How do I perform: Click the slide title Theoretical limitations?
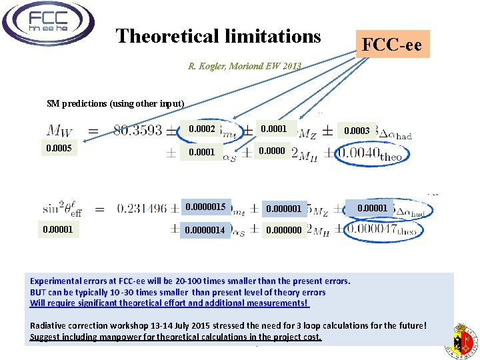[x=218, y=36]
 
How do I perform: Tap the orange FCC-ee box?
[x=391, y=45]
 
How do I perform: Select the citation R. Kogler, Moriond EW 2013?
[x=245, y=66]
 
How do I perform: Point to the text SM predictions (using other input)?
[x=115, y=103]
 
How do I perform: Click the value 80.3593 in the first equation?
[x=137, y=131]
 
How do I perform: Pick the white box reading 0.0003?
[x=357, y=131]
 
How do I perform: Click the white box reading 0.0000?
[x=272, y=151]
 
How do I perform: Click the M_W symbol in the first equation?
[x=61, y=131]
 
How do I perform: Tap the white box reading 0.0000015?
[x=206, y=207]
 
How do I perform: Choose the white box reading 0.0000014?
[x=206, y=231]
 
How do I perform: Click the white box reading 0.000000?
[x=284, y=231]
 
